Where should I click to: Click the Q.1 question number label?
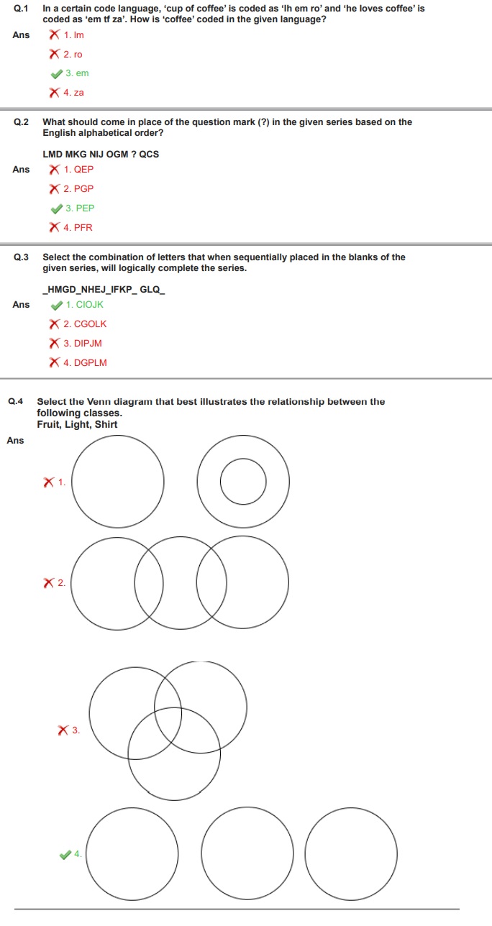click(21, 9)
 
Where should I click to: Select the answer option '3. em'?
click(76, 73)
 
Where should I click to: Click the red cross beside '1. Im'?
click(55, 35)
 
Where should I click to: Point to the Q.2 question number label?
click(21, 122)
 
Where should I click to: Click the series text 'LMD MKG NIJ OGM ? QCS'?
click(101, 155)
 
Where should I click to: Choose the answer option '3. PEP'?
click(79, 208)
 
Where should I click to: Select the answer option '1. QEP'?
click(78, 170)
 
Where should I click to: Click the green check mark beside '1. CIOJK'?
click(56, 305)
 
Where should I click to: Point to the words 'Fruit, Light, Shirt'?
click(77, 425)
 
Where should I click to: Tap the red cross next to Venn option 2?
click(50, 583)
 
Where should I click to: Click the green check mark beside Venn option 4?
click(65, 854)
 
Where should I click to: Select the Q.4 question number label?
click(15, 402)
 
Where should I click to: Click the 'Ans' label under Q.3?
click(21, 305)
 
